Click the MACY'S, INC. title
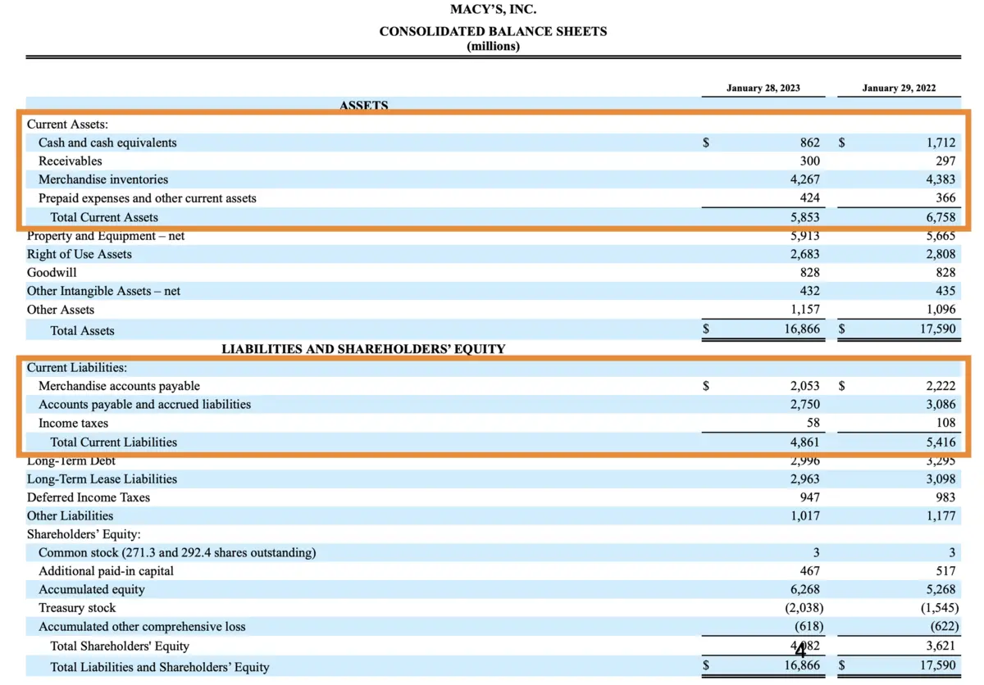pyautogui.click(x=494, y=11)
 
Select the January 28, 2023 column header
pyautogui.click(x=763, y=88)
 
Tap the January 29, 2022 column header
pyautogui.click(x=899, y=88)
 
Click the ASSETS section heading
pyautogui.click(x=363, y=105)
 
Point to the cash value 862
pyautogui.click(x=809, y=143)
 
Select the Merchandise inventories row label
pyautogui.click(x=103, y=179)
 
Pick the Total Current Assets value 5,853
pyautogui.click(x=803, y=217)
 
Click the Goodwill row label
pyautogui.click(x=52, y=273)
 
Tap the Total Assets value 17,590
pyautogui.click(x=936, y=330)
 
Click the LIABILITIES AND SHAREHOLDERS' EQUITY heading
pyautogui.click(x=363, y=349)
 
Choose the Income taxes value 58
pyautogui.click(x=812, y=424)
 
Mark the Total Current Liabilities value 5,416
pyautogui.click(x=940, y=442)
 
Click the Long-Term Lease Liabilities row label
pyautogui.click(x=102, y=479)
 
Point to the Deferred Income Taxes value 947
pyautogui.click(x=809, y=497)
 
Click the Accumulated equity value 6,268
pyautogui.click(x=804, y=590)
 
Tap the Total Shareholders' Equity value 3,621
pyautogui.click(x=940, y=646)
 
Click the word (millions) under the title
pyautogui.click(x=493, y=46)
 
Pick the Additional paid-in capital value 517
pyautogui.click(x=945, y=571)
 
